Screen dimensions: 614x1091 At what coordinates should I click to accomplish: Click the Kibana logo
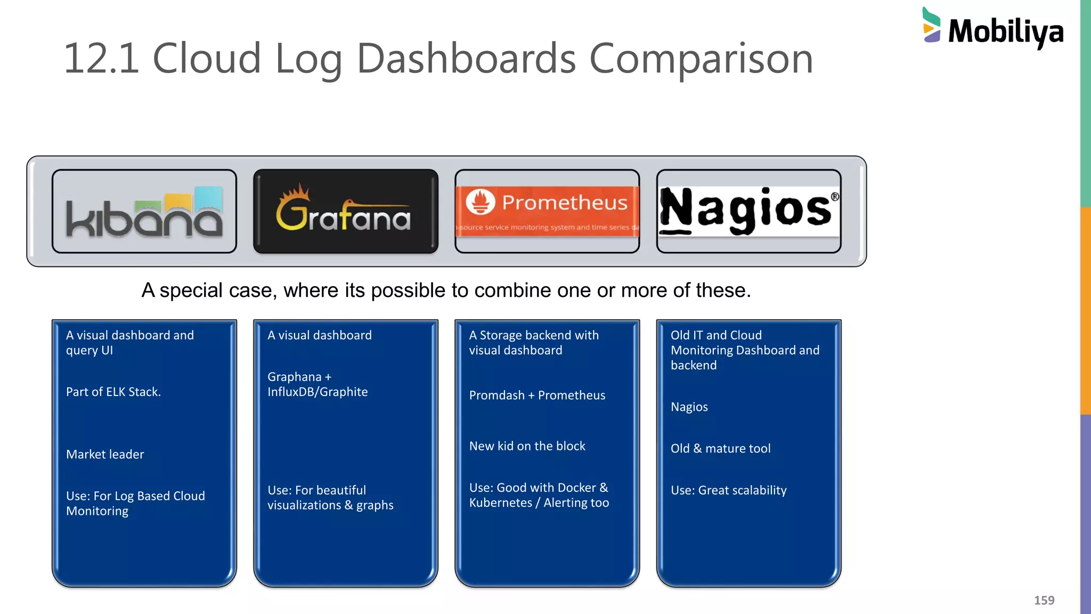[x=144, y=212]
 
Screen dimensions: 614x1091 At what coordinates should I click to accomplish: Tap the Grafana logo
[x=344, y=212]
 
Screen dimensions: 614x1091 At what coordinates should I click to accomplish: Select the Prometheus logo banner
[x=547, y=211]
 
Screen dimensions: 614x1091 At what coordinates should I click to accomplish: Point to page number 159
[x=1044, y=601]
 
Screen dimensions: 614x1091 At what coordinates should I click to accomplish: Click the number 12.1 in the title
[x=101, y=58]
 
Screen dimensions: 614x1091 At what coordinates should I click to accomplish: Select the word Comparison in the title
[x=701, y=59]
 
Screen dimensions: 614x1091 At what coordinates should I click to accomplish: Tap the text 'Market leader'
[x=105, y=455]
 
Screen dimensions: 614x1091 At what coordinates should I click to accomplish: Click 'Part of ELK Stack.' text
[x=113, y=392]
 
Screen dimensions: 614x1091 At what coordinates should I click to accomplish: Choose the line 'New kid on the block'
[x=527, y=446]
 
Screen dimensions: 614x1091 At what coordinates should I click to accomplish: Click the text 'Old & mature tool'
[x=720, y=449]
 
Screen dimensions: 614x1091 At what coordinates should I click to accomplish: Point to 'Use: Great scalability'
[x=728, y=490]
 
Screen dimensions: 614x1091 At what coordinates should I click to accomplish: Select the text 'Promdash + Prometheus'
[x=537, y=395]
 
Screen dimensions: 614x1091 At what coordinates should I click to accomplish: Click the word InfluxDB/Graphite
[x=317, y=392]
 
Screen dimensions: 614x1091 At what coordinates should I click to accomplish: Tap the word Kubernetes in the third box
[x=500, y=503]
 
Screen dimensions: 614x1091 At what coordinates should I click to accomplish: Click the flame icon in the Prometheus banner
[x=481, y=203]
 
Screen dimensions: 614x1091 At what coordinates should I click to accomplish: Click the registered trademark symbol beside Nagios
[x=835, y=197]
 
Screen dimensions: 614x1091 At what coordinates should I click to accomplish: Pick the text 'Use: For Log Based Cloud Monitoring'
[x=135, y=504]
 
